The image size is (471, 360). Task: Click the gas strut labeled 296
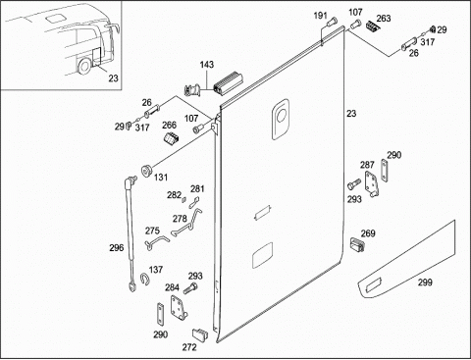131,233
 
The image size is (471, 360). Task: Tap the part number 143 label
207,65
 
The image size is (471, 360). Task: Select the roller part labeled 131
146,171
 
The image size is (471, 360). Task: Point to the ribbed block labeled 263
372,26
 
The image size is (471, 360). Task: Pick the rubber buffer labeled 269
357,244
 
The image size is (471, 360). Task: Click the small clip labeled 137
144,279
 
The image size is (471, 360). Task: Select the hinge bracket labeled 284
179,307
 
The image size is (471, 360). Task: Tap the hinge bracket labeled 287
372,183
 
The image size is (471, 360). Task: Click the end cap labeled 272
199,334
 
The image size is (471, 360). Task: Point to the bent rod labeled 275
156,242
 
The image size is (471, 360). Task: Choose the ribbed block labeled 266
172,138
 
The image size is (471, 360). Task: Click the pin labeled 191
332,23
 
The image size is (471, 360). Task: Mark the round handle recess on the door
282,115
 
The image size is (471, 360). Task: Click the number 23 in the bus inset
113,78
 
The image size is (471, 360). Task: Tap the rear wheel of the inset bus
84,67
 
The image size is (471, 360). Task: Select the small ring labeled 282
184,200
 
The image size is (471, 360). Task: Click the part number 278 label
180,219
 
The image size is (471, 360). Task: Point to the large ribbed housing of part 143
228,83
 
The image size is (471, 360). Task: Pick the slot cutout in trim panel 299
373,285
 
